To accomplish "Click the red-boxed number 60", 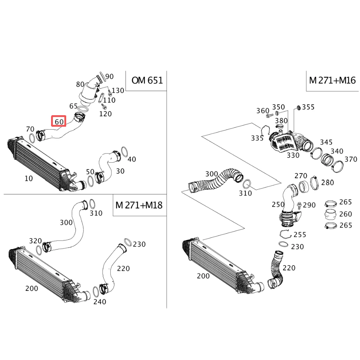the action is (x=59, y=121).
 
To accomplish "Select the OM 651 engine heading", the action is (x=147, y=80).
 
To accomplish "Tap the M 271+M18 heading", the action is (x=139, y=205).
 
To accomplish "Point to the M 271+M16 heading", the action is (x=332, y=80).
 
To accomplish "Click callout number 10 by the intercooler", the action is (x=29, y=179).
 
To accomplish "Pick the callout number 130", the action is (x=118, y=91).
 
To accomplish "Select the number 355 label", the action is (x=308, y=107).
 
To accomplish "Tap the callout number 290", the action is (x=309, y=205).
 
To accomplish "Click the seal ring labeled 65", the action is (x=83, y=109).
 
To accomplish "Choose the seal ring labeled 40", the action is (x=124, y=152).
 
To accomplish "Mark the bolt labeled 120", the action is (x=104, y=106).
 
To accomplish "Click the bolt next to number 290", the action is (x=299, y=205).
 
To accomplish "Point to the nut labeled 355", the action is (x=298, y=107).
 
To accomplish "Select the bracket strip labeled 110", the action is (x=101, y=98).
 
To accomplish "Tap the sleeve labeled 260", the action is (x=331, y=214).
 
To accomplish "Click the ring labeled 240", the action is (x=96, y=292).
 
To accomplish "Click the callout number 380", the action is (x=281, y=121).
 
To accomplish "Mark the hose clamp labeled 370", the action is (x=337, y=166).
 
